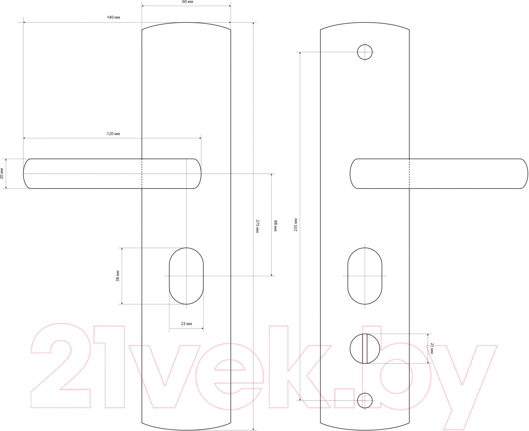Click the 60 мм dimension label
pyautogui.click(x=188, y=2)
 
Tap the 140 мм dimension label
pyautogui.click(x=113, y=17)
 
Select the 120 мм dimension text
pyautogui.click(x=113, y=134)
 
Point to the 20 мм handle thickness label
pyautogui.click(x=2, y=173)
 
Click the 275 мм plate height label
pyautogui.click(x=257, y=226)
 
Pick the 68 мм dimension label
pyautogui.click(x=275, y=226)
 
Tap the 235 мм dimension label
pyautogui.click(x=296, y=225)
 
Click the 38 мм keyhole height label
pyautogui.click(x=118, y=276)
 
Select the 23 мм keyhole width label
pyautogui.click(x=186, y=324)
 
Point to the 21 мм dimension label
pyautogui.click(x=432, y=348)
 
